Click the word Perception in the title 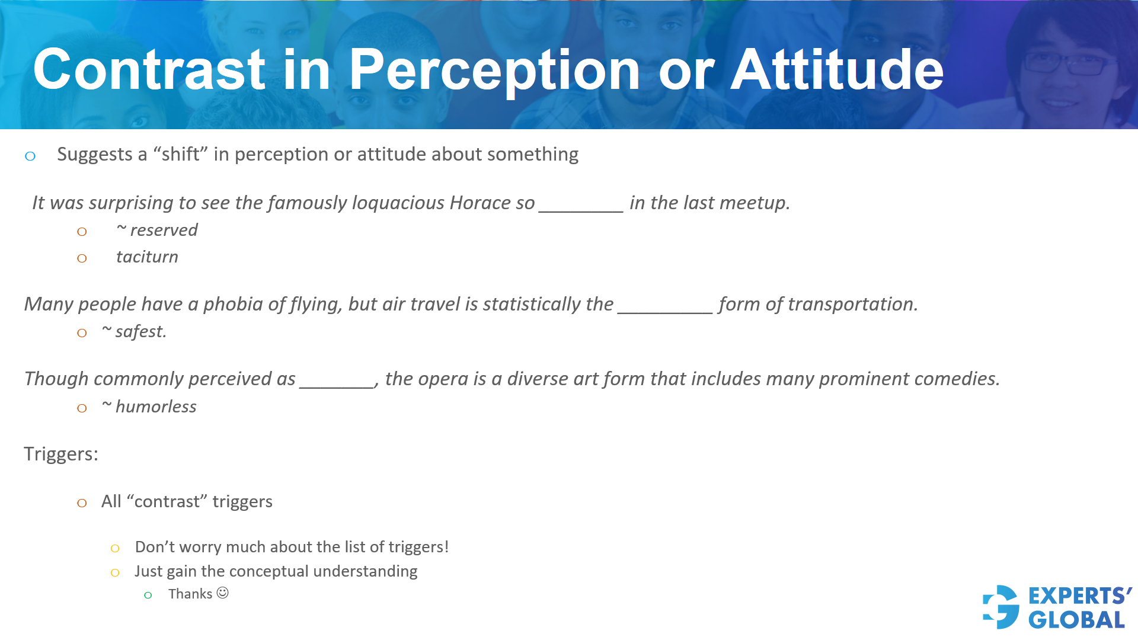494,71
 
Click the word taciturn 147,257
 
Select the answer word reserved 164,231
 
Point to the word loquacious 398,203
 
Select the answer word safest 140,332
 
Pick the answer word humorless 155,407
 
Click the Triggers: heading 61,455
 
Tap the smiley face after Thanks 223,593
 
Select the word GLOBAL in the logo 1076,620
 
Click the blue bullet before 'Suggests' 30,156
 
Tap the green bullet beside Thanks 148,595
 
